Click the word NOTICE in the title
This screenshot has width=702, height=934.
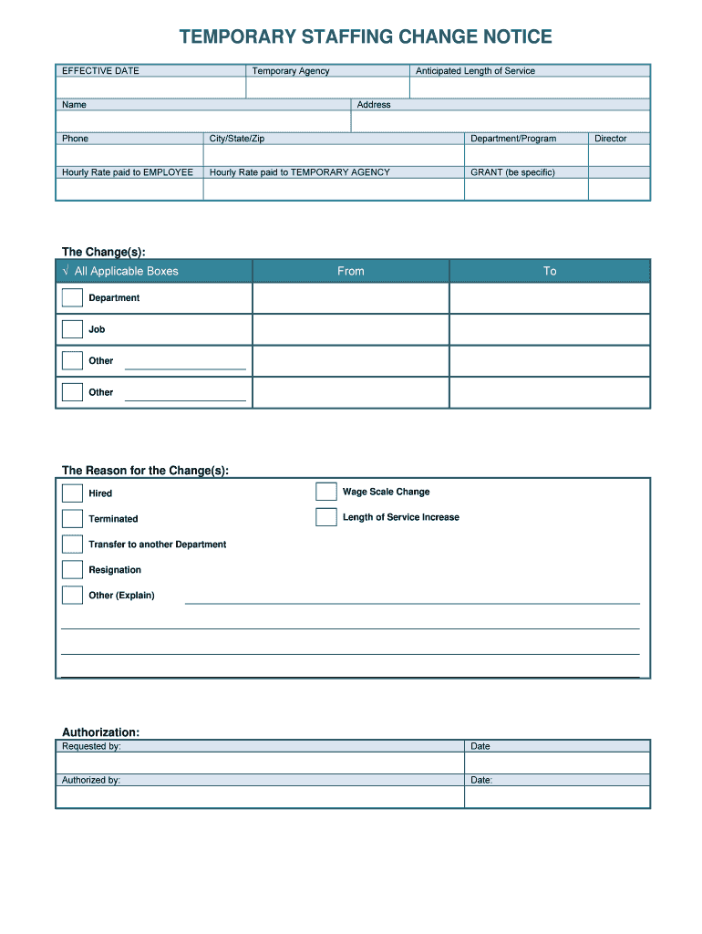(x=509, y=37)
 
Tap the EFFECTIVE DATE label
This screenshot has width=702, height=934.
(x=100, y=71)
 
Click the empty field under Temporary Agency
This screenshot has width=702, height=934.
(x=327, y=88)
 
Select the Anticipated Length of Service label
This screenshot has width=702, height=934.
(x=475, y=71)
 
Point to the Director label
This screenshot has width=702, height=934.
(x=611, y=139)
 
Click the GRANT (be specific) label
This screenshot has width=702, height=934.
(x=512, y=172)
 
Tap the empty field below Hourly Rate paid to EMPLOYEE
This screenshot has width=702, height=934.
(x=129, y=189)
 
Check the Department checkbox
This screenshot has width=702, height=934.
(x=72, y=297)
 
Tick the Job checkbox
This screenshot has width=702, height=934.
(x=72, y=329)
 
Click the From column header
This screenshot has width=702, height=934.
(x=350, y=271)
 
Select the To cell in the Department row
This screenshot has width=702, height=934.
(x=550, y=298)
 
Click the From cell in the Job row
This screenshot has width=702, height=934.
(x=350, y=329)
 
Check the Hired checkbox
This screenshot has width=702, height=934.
(x=72, y=493)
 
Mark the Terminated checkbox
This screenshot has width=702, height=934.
(x=72, y=519)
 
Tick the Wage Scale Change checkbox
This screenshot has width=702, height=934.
(x=326, y=492)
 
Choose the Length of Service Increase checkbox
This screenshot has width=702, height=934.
(x=326, y=517)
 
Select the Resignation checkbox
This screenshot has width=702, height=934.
(x=72, y=570)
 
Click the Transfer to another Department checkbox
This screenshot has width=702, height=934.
(x=72, y=545)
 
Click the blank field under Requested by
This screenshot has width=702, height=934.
(x=260, y=763)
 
